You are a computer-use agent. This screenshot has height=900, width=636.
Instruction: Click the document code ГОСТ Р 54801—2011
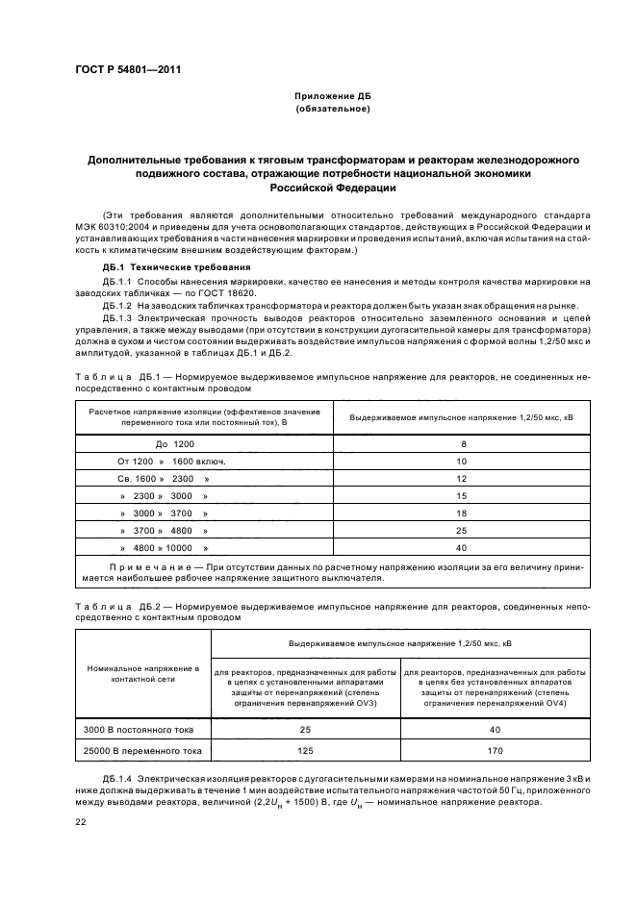tap(128, 69)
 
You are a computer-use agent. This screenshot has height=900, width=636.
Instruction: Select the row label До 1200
tap(174, 444)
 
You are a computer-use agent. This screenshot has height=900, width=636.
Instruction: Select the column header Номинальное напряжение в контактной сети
tap(142, 672)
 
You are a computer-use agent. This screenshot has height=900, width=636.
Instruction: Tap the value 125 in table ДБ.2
tap(304, 751)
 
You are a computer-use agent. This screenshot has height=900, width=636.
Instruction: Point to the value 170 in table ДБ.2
tap(495, 751)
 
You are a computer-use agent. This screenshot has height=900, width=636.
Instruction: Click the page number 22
tap(82, 820)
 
